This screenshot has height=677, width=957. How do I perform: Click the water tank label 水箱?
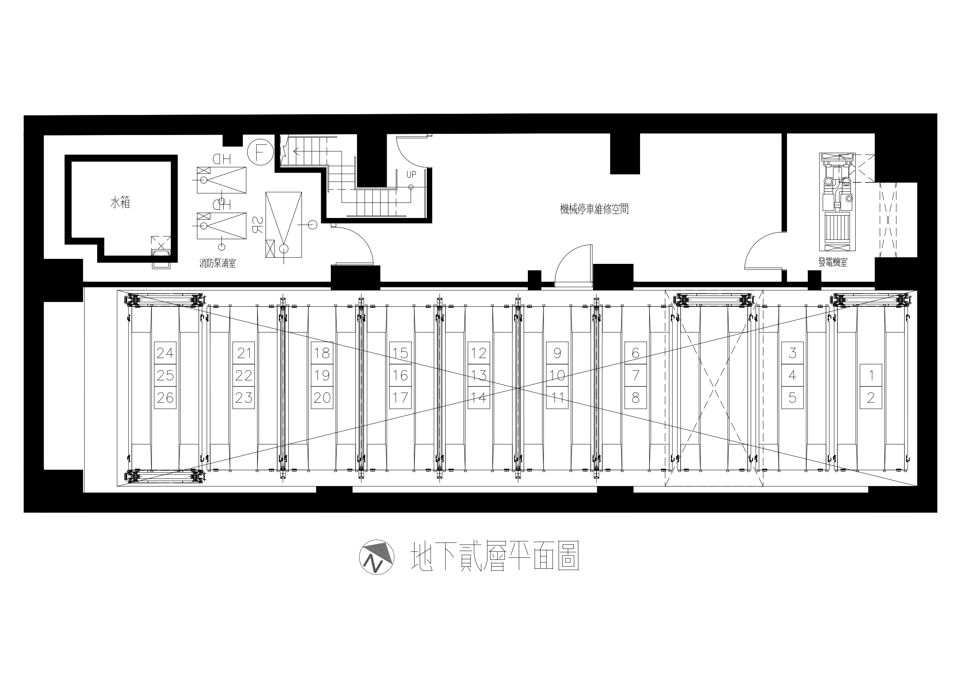[x=120, y=203]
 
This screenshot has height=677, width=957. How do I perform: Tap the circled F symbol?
[x=259, y=152]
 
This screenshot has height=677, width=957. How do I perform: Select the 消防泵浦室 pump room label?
[x=217, y=263]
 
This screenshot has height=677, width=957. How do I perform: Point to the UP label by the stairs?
[x=411, y=174]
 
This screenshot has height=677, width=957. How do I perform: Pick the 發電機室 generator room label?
[x=833, y=262]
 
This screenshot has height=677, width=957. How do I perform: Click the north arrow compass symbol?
[x=377, y=558]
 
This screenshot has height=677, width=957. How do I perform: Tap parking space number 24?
[x=165, y=353]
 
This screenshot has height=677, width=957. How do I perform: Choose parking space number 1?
[x=871, y=375]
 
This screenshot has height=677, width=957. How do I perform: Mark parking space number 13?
[x=478, y=375]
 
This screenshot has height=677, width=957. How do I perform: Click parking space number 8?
[x=635, y=398]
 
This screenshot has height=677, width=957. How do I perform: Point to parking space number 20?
[x=322, y=398]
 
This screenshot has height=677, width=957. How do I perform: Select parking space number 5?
[x=792, y=398]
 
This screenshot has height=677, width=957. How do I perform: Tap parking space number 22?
[x=243, y=375]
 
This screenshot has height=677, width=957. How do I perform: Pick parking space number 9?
[x=557, y=353]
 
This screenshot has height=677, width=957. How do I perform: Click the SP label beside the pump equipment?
[x=257, y=225]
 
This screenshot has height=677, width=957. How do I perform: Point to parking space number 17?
[x=400, y=398]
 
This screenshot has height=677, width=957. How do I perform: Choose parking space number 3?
[x=792, y=353]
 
